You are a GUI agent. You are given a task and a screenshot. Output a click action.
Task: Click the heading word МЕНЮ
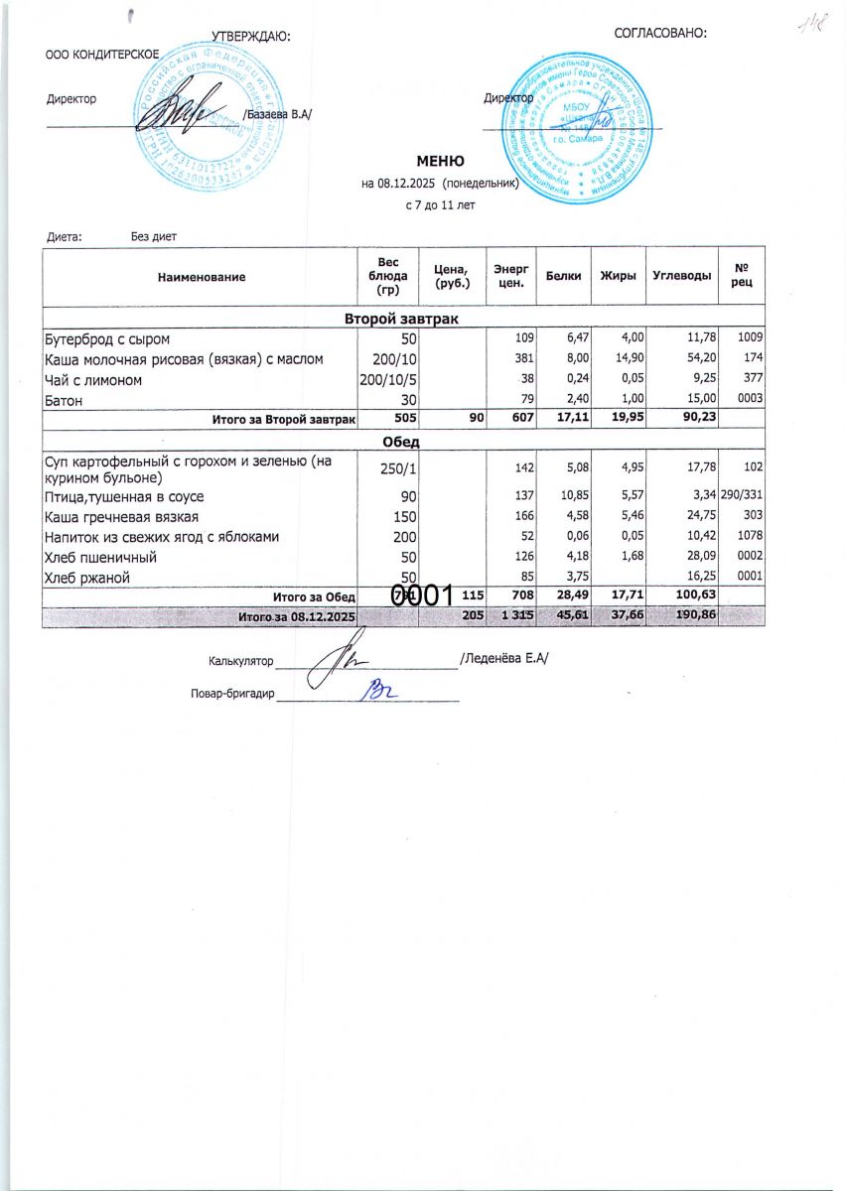point(440,161)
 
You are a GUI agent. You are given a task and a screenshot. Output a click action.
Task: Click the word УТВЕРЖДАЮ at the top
point(250,37)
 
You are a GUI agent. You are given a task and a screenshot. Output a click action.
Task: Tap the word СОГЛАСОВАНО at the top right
point(660,33)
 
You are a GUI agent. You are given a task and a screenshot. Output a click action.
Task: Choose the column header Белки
point(563,275)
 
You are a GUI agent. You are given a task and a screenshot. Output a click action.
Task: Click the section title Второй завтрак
point(401,319)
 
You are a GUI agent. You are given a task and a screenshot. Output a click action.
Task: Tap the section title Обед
point(400,441)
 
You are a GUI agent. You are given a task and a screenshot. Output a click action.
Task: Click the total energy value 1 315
point(516,616)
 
